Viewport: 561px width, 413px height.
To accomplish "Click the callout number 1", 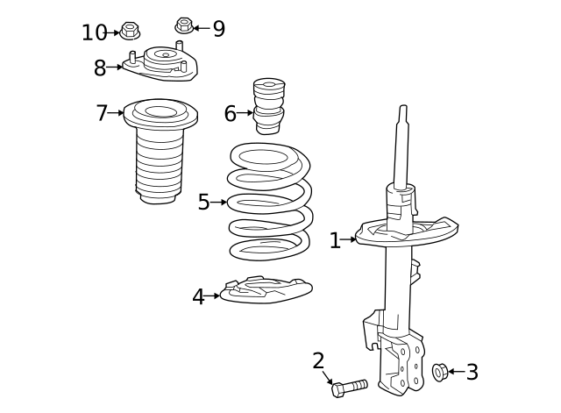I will tap(335, 240).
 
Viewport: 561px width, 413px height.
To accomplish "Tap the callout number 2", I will tap(318, 360).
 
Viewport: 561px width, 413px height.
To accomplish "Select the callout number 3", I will tap(472, 373).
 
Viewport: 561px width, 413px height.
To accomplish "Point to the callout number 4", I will tap(199, 297).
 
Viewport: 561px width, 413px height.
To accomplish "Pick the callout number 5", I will tap(203, 203).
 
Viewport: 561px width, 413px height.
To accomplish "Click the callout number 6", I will tap(230, 113).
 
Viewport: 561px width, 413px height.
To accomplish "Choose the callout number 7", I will tap(103, 113).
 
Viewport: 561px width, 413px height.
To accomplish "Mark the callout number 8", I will tap(100, 68).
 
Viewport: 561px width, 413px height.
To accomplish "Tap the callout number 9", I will tap(218, 29).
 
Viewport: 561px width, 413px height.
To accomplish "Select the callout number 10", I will tap(94, 33).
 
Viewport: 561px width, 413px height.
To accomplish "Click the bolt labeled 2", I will tap(349, 387).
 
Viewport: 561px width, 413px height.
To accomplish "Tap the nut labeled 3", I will tap(440, 373).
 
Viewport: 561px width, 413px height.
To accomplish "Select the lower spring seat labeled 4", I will tap(265, 290).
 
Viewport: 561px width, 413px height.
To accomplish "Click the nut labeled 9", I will tap(184, 25).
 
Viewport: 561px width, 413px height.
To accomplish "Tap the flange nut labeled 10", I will tap(130, 32).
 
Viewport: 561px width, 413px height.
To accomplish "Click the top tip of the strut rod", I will tap(403, 109).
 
